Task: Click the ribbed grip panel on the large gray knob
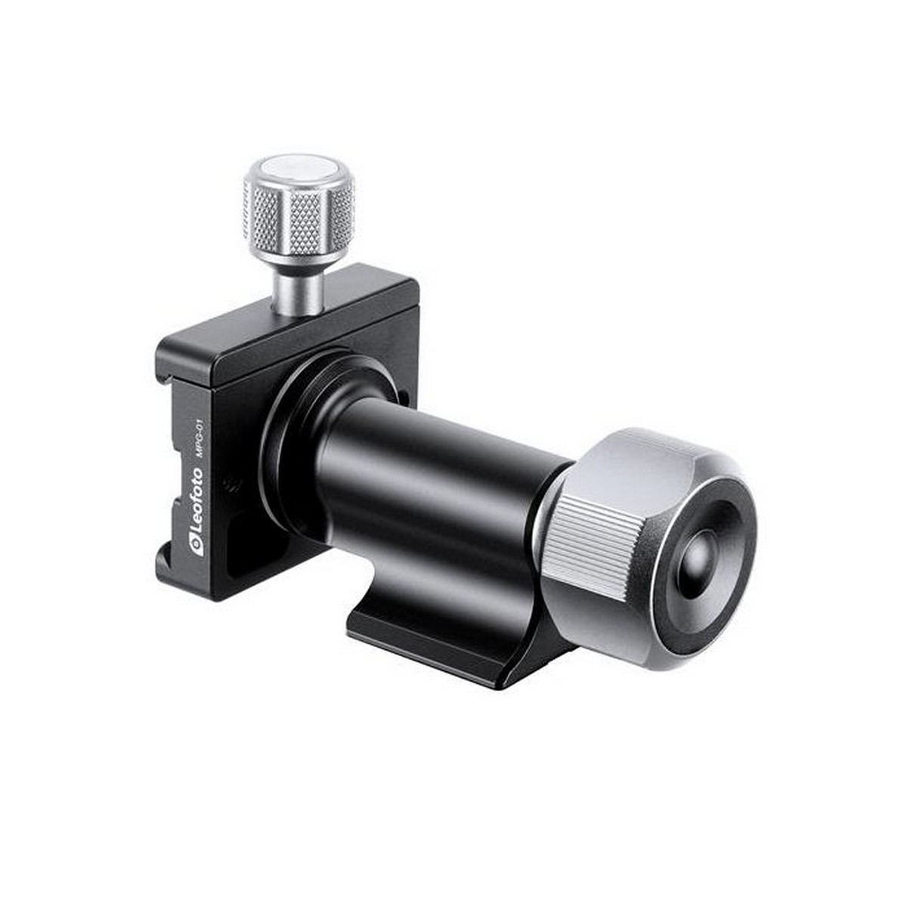click(590, 540)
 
